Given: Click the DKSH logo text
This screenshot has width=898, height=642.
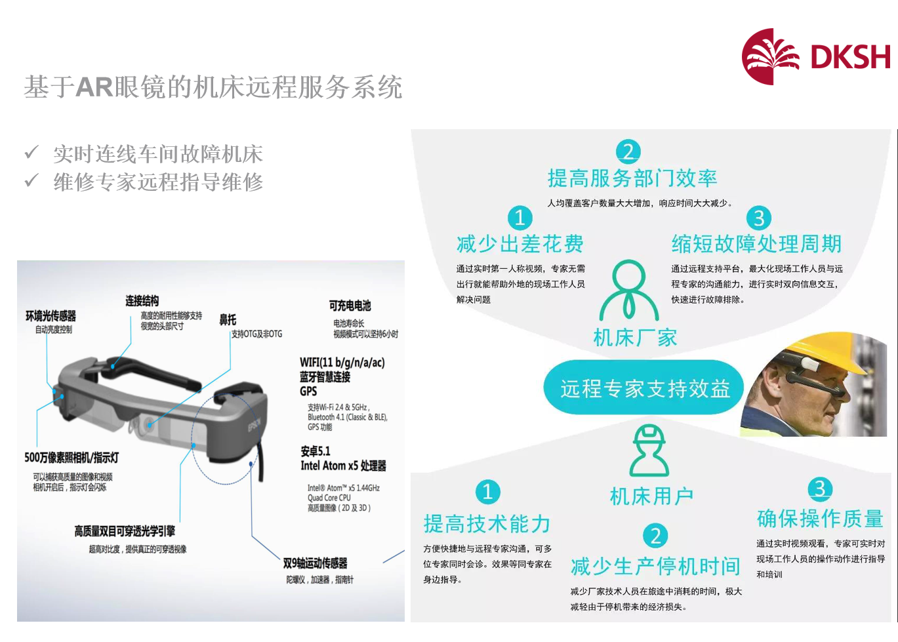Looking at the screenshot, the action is [x=850, y=57].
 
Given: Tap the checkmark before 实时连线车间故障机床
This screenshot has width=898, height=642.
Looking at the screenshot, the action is [x=31, y=152].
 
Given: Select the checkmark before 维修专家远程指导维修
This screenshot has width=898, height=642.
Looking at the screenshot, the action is [x=31, y=180].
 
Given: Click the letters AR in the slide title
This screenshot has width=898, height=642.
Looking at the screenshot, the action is [x=94, y=87].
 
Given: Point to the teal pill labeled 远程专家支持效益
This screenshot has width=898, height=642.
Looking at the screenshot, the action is [x=643, y=388].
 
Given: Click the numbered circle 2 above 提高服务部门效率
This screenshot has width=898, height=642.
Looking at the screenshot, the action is [x=628, y=151].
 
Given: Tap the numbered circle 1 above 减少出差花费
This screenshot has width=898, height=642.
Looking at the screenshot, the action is [x=520, y=218].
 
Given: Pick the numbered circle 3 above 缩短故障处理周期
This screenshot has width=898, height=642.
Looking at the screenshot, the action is [x=759, y=218].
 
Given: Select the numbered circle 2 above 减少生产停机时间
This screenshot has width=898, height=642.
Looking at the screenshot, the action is [x=655, y=536].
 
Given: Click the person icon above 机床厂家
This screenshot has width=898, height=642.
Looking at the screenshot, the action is [x=629, y=290].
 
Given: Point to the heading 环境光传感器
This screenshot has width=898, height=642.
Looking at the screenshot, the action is [x=51, y=316].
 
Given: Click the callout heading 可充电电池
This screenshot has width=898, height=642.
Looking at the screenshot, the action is [x=350, y=306].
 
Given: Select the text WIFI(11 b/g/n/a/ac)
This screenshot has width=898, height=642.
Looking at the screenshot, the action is [x=342, y=362].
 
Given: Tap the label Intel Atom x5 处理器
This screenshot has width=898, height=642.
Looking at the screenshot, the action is [x=344, y=466].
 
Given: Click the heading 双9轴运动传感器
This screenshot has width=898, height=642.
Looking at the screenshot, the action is [x=315, y=563].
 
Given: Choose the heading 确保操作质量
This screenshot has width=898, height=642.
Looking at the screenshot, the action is [x=820, y=519].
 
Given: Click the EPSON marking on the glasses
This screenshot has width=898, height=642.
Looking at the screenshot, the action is [x=254, y=424].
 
